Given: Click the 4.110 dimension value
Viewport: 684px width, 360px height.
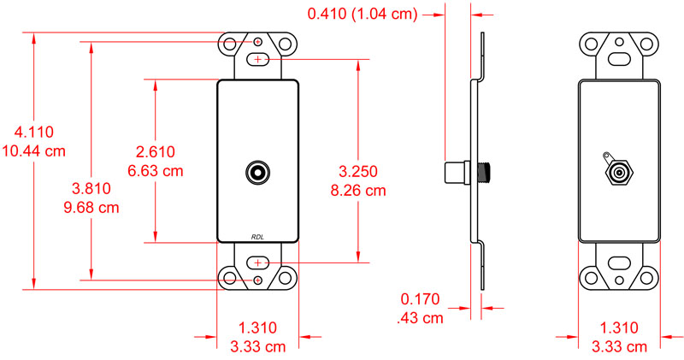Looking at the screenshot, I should click(x=34, y=133).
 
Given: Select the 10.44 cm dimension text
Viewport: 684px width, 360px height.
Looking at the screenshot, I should click(x=34, y=151).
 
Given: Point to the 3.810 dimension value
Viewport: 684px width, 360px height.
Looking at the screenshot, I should click(x=90, y=189).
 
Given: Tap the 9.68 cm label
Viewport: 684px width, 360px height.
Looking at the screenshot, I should click(x=90, y=208).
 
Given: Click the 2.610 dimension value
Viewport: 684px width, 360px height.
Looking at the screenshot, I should click(x=156, y=151).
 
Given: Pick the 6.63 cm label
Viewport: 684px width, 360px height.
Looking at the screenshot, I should click(x=156, y=170).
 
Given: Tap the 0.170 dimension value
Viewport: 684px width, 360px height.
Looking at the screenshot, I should click(x=420, y=299).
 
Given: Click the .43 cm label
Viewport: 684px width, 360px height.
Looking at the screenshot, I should click(x=420, y=318).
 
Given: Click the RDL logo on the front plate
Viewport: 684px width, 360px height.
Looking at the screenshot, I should click(x=258, y=237).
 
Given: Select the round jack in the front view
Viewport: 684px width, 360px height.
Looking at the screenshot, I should click(x=258, y=171).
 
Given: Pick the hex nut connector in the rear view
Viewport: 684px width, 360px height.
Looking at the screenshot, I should click(x=616, y=171).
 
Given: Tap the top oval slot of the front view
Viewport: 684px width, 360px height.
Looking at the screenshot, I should click(x=258, y=60).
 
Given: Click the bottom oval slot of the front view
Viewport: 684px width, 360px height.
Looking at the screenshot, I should click(x=258, y=262).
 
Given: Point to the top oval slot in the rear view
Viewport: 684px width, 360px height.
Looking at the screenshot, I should click(x=618, y=60).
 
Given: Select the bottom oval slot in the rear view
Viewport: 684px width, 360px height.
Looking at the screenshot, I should click(x=618, y=263).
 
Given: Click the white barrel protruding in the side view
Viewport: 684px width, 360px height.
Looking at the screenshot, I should click(x=458, y=171).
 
